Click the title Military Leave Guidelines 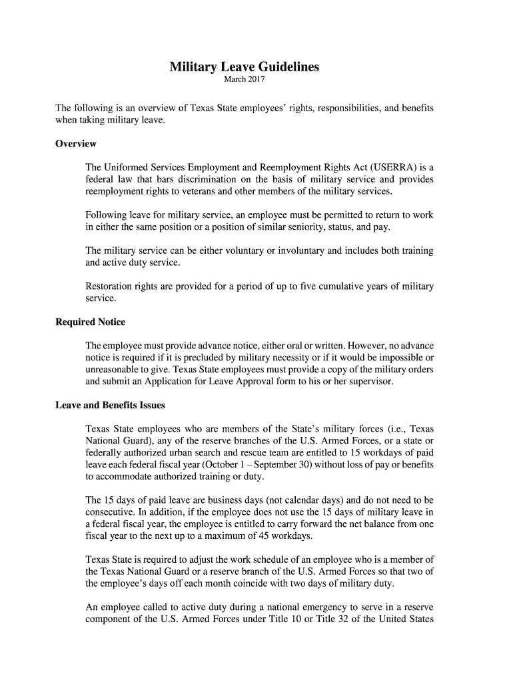click(x=244, y=67)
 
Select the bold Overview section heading click(x=75, y=144)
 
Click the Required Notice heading click(x=90, y=322)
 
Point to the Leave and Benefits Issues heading click(x=110, y=405)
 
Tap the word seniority click(x=314, y=228)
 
